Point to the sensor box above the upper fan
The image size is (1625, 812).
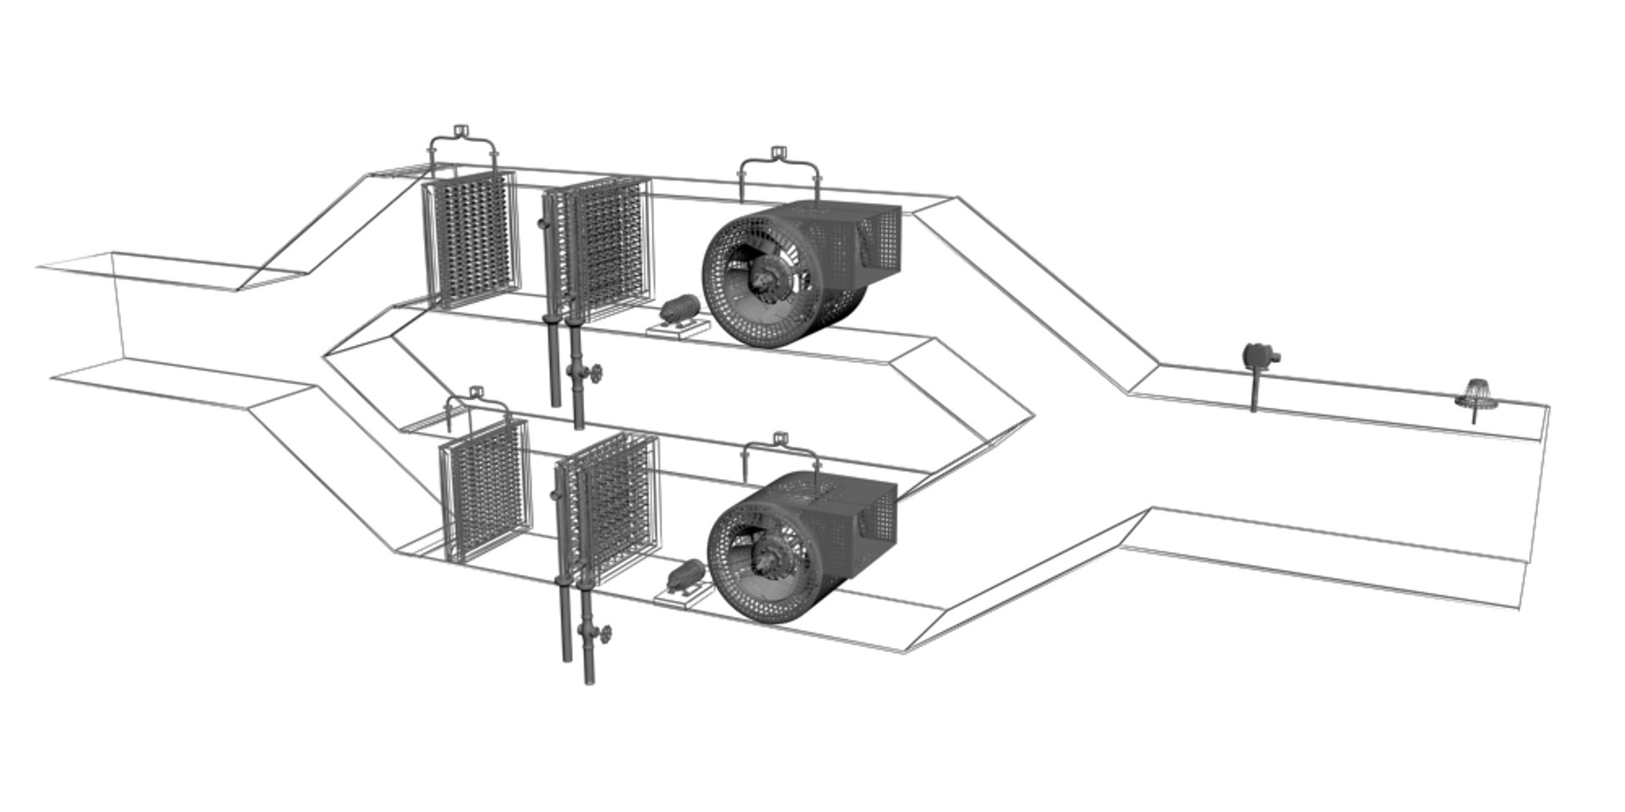click(x=779, y=154)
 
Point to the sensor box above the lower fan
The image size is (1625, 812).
click(x=781, y=437)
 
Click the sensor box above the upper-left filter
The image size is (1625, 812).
click(x=461, y=130)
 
